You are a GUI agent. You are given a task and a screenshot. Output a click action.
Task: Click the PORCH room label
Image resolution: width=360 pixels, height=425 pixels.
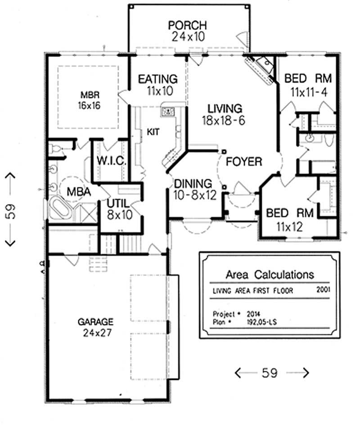coord(188,25)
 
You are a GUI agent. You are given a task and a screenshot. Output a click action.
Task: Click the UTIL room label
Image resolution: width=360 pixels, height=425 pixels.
coord(119,203)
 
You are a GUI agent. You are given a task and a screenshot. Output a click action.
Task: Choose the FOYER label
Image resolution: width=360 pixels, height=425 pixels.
coord(244,161)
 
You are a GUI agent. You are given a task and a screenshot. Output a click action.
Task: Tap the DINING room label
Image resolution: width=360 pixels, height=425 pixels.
coord(193,184)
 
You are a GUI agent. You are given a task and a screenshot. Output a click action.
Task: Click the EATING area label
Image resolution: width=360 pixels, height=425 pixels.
coord(157,79)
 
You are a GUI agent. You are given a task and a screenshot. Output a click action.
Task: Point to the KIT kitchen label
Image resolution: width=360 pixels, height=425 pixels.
coord(151,131)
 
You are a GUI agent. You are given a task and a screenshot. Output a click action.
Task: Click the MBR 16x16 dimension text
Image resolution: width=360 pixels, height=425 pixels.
coord(90,106)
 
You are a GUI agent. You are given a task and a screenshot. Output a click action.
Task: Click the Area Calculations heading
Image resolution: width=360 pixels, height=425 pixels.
coord(269,275)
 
